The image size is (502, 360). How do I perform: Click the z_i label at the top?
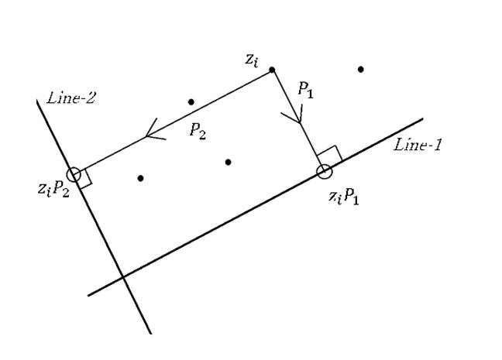[251, 60]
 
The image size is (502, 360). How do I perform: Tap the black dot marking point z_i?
[271, 70]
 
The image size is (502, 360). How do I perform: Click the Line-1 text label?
[418, 144]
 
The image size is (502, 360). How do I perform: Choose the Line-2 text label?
[70, 98]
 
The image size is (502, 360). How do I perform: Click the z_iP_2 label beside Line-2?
[53, 189]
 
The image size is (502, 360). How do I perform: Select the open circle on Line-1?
[325, 171]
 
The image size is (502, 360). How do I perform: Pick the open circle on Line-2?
[73, 174]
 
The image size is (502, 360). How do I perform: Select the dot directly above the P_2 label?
[191, 101]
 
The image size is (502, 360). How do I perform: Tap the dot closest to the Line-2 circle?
[140, 178]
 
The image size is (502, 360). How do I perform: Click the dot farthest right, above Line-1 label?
[361, 70]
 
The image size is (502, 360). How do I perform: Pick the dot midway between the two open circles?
[228, 162]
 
